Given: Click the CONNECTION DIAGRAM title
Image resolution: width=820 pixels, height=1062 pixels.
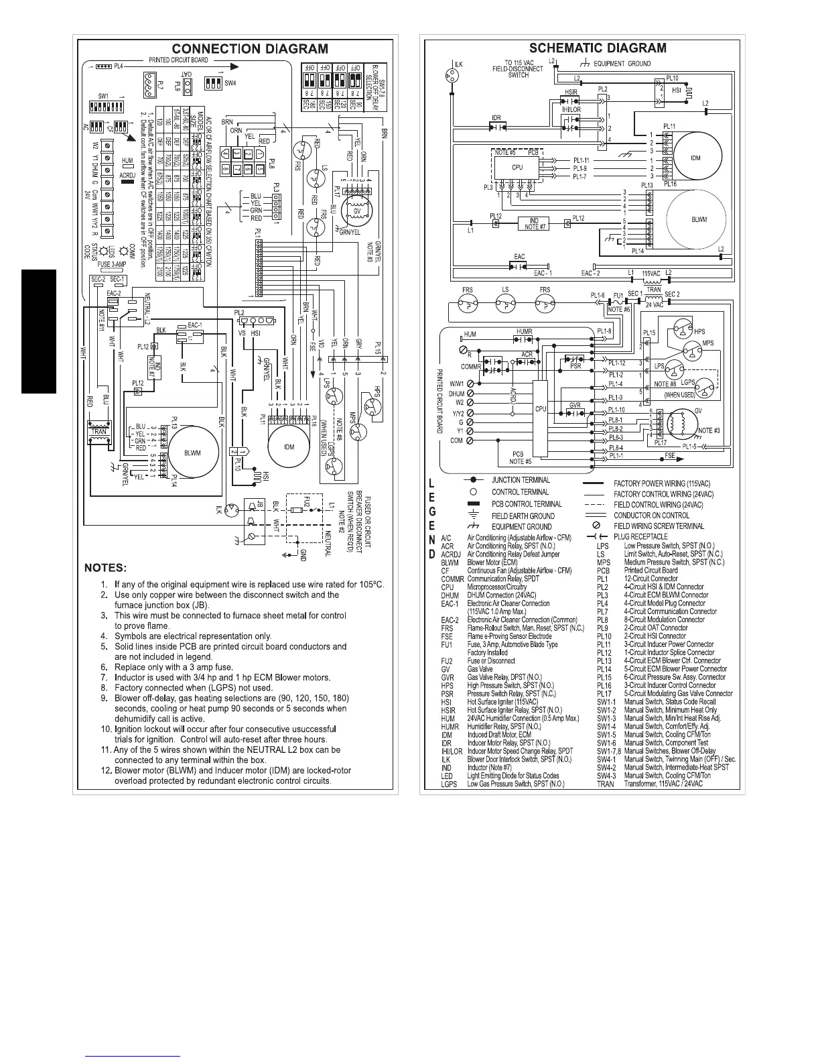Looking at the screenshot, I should (250, 49).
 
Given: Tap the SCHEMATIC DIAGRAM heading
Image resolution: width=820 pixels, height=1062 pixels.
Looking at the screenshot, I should (598, 48).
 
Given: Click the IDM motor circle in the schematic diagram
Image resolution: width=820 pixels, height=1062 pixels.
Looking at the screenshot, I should (695, 158).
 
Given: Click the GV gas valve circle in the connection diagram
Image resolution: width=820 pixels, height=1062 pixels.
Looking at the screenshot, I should (356, 207).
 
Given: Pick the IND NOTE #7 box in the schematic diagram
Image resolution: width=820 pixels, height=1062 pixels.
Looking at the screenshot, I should (534, 221).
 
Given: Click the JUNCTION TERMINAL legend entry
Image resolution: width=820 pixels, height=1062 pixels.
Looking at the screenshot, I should (521, 480).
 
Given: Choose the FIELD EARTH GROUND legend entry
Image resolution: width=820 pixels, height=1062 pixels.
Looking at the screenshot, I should (523, 516).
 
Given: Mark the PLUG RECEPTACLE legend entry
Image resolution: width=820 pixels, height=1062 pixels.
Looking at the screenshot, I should (640, 536).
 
